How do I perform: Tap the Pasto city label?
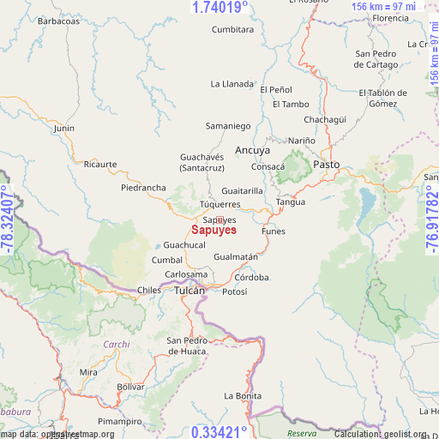pos(326,164)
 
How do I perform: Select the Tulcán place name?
pos(189,291)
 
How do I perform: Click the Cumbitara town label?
pos(232,29)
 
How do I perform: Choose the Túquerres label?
pos(220,205)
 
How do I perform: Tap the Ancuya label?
pos(252,149)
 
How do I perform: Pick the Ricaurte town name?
pos(100,164)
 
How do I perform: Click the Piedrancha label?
pos(143,187)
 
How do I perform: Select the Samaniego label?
pos(228,126)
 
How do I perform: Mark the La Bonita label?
pos(243,395)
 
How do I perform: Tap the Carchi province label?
pos(116,345)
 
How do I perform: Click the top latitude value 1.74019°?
pos(220,7)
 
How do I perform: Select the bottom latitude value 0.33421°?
pos(219,431)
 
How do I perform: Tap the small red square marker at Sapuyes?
pos(219,220)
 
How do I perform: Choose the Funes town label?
pos(273,232)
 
